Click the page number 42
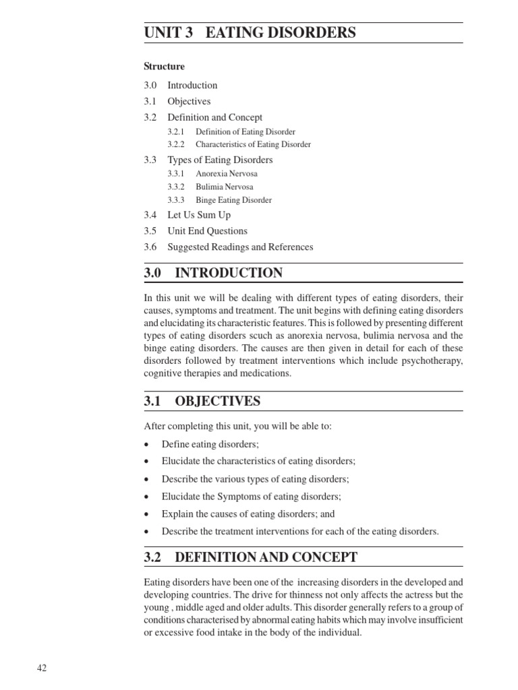42,668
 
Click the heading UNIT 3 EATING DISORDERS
250,33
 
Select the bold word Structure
164,67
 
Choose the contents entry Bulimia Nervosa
225,187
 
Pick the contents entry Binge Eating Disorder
233,200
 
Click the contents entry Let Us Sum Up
199,215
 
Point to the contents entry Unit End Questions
207,231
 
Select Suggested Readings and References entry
240,247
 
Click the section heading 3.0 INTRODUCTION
213,273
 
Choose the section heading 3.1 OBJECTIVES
202,402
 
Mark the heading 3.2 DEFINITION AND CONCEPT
250,557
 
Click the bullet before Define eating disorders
146,445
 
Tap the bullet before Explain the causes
146,514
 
